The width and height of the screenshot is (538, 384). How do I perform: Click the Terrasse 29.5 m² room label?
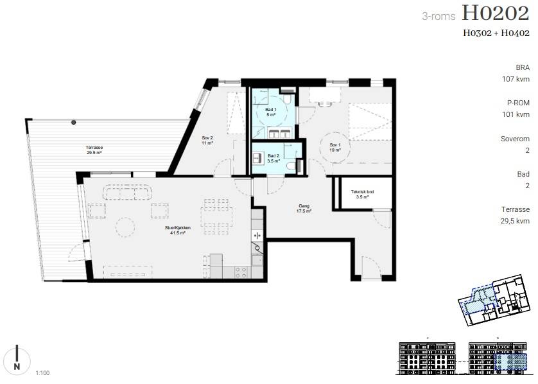coord(94,150)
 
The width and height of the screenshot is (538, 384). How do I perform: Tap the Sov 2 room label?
coord(207,141)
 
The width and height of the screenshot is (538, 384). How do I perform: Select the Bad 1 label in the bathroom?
coord(271,112)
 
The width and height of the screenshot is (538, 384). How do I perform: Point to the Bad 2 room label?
coord(273,158)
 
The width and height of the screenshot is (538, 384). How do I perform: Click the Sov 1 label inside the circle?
coord(335,148)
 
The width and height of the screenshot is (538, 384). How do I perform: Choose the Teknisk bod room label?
coord(362,194)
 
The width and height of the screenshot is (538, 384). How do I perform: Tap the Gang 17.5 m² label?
coord(304,209)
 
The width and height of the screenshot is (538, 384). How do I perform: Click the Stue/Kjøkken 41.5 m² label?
coord(178,231)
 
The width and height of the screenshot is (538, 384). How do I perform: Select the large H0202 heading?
coord(496,13)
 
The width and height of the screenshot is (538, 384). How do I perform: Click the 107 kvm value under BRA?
coord(516,79)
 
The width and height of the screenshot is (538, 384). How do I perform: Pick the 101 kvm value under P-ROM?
coord(516,114)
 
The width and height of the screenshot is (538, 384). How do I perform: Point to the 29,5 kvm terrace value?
coord(515,221)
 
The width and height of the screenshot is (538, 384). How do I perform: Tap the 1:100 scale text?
coord(42,373)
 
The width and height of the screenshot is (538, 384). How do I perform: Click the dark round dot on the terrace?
coord(73,122)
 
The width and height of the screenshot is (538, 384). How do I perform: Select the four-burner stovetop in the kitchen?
coord(241,272)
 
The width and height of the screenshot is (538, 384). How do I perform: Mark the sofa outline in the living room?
coord(127,192)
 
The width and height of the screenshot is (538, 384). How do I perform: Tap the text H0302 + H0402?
coord(496,33)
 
